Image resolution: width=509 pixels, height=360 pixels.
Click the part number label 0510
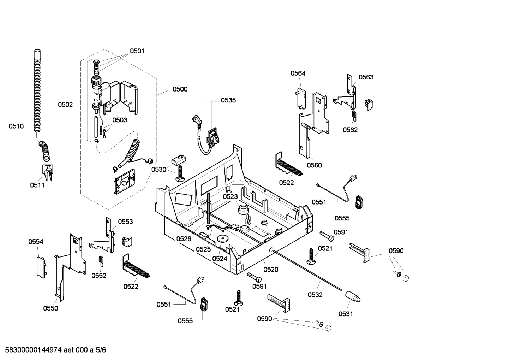point(16,126)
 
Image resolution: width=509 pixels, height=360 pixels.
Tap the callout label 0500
point(180,89)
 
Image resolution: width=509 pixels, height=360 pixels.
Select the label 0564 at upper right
point(298,73)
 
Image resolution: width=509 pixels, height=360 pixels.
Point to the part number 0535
point(228,100)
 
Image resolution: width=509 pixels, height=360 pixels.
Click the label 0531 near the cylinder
point(346,314)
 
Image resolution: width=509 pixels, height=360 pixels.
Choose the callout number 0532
point(315,295)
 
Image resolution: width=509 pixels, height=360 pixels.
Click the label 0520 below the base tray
point(271,270)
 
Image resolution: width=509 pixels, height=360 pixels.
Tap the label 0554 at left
point(36,242)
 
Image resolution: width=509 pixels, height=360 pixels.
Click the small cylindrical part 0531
point(353,296)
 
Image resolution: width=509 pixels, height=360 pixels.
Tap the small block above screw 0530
point(179,159)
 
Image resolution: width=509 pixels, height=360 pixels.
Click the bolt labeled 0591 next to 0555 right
point(327,236)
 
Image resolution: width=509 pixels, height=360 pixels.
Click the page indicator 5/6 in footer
point(101,350)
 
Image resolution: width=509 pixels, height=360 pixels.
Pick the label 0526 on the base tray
point(184,239)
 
